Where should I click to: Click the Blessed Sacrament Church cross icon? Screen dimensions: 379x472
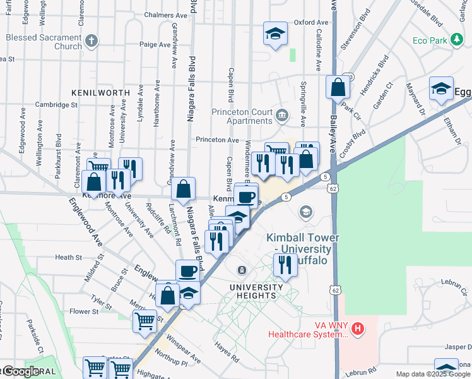coord(91,42)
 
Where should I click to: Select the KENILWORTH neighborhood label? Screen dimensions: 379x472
coord(100,92)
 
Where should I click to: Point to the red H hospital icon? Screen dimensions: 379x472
coord(358,328)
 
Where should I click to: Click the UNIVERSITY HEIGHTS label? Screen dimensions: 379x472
coord(252,291)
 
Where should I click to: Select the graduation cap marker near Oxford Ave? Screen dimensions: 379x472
coord(275,34)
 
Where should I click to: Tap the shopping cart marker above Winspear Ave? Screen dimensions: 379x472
coord(145,321)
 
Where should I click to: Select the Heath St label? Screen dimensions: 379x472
coord(68,258)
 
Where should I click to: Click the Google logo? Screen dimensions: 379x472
coord(20,371)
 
